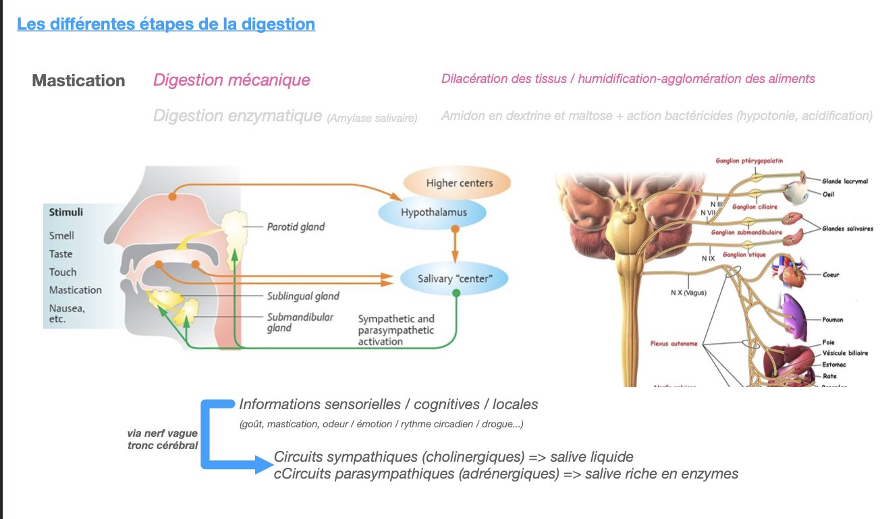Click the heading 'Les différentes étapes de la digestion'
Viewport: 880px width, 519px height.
(x=166, y=24)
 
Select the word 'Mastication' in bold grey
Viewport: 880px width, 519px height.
(x=78, y=81)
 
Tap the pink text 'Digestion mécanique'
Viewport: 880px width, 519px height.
(x=231, y=80)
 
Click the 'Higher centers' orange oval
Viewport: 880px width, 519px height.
(x=459, y=183)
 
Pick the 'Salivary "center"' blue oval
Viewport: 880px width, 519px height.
(x=453, y=278)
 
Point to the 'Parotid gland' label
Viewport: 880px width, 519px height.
(x=295, y=227)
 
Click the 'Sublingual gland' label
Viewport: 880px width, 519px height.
(x=303, y=296)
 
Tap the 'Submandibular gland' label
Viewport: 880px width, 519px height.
(x=300, y=322)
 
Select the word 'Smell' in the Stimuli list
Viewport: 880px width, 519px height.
(x=61, y=235)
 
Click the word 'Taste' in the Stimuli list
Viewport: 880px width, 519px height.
(x=61, y=254)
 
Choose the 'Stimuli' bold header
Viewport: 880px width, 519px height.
(x=66, y=212)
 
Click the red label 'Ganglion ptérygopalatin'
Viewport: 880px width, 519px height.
(x=749, y=160)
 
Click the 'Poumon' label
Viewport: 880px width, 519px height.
(x=833, y=319)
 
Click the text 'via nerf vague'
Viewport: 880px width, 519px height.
(x=163, y=433)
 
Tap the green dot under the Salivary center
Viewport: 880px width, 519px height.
(x=456, y=293)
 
